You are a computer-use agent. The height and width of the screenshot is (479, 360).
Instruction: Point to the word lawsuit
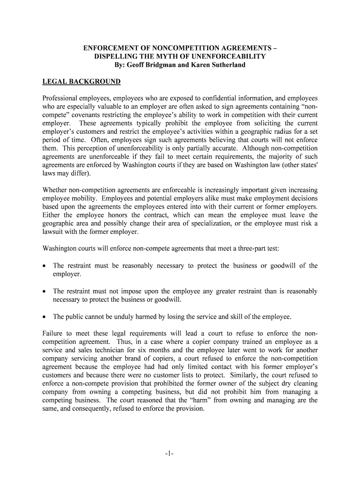[54, 232]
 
